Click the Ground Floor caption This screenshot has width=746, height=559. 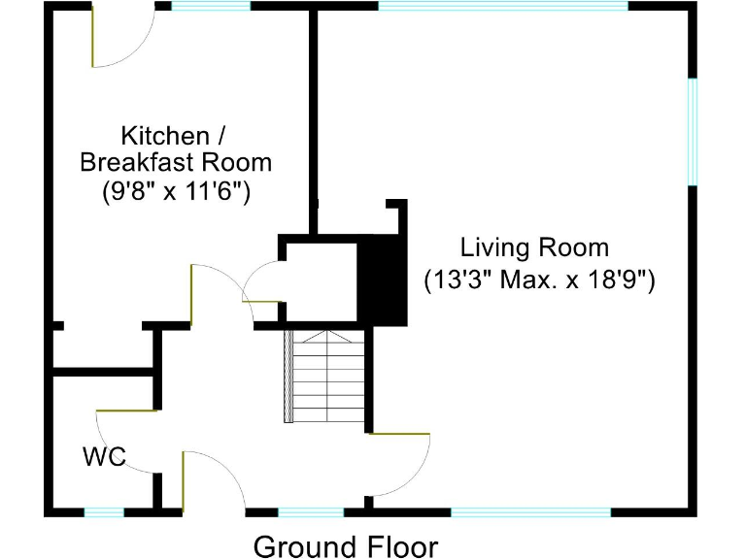(x=345, y=546)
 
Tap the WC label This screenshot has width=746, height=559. (x=105, y=457)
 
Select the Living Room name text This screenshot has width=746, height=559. (x=534, y=247)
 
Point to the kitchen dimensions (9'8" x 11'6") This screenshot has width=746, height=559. (x=177, y=192)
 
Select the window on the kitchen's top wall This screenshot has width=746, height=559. (x=210, y=6)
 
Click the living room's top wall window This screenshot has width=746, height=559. (x=502, y=6)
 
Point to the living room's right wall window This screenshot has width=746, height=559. (x=693, y=130)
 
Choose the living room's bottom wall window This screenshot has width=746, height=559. (x=530, y=511)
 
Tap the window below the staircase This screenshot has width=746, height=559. (x=310, y=511)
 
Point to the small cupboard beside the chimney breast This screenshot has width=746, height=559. (x=321, y=280)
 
